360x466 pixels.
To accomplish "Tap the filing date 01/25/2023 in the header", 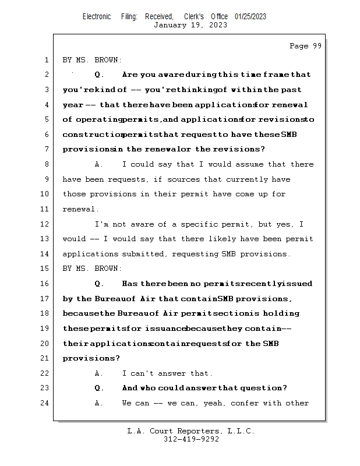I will coord(250,17).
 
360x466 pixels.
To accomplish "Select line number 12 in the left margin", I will coord(45,224).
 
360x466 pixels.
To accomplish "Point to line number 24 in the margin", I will coord(45,403).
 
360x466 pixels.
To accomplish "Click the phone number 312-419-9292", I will coord(191,440).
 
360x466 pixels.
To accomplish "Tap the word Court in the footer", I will coord(166,432).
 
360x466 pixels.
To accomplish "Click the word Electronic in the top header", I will coord(97,17).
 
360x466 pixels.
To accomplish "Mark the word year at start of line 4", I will coord(73,105).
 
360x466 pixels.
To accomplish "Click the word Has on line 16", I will coord(130,284).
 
